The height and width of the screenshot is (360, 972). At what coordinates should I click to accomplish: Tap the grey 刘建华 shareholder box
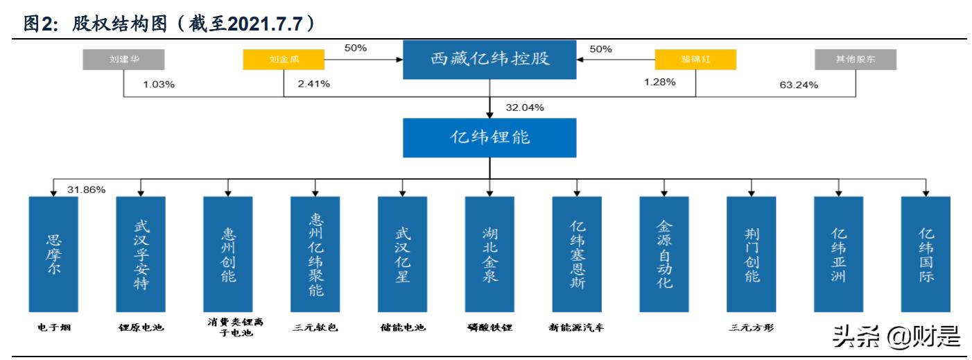124,60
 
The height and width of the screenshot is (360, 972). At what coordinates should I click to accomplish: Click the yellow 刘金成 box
284,60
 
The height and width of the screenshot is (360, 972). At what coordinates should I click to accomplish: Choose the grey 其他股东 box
856,60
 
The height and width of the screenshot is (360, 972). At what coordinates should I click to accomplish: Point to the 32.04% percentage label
525,108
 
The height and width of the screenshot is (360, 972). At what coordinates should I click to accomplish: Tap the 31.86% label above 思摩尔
87,189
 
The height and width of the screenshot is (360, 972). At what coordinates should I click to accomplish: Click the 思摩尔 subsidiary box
53,254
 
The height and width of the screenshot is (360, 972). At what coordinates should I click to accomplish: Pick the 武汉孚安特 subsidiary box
141,254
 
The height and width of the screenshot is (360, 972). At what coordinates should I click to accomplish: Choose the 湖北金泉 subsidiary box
489,254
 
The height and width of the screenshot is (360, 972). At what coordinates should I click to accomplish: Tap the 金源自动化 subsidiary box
663,254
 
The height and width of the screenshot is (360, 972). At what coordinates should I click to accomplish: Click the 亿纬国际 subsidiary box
925,254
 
